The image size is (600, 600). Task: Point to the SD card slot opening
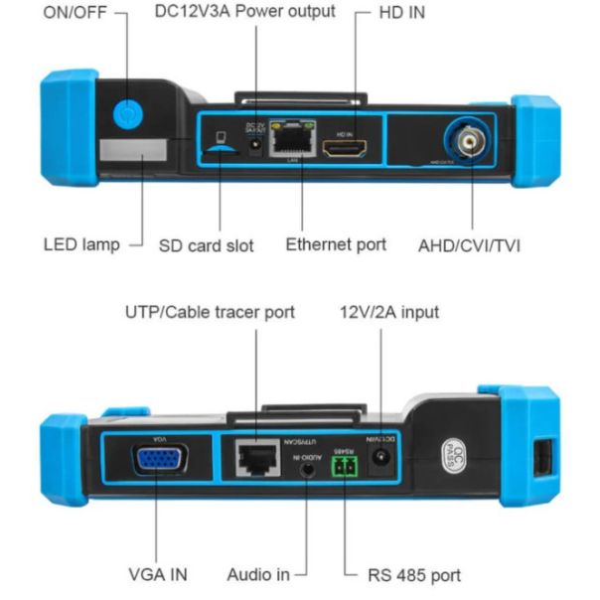coord(221,149)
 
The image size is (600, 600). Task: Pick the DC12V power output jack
coord(254,147)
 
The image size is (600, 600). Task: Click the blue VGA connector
coord(158,462)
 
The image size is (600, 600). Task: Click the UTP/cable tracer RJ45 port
coord(257,460)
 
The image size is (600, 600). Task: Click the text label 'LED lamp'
coord(81,243)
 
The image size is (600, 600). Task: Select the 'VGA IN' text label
coord(158,574)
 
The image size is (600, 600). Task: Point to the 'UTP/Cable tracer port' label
coord(209,312)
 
